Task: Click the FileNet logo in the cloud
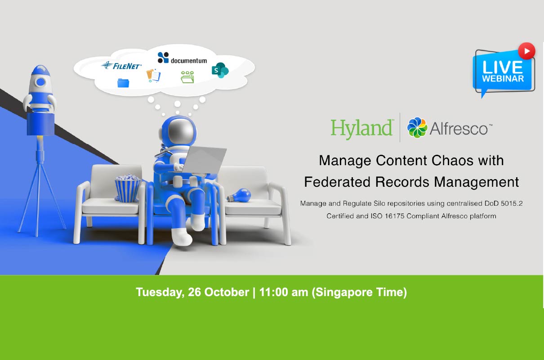[x=121, y=65]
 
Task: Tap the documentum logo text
[x=189, y=61]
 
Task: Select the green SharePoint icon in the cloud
[x=220, y=70]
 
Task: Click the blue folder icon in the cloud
[x=123, y=83]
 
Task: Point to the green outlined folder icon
[x=187, y=77]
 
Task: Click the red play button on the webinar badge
[x=526, y=51]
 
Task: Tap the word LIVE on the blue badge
[x=503, y=67]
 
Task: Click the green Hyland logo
[x=362, y=128]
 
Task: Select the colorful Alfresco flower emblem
[x=417, y=128]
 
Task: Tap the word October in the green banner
[x=227, y=292]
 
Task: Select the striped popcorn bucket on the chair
[x=128, y=188]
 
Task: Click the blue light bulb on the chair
[x=239, y=195]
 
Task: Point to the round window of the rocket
[x=40, y=82]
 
